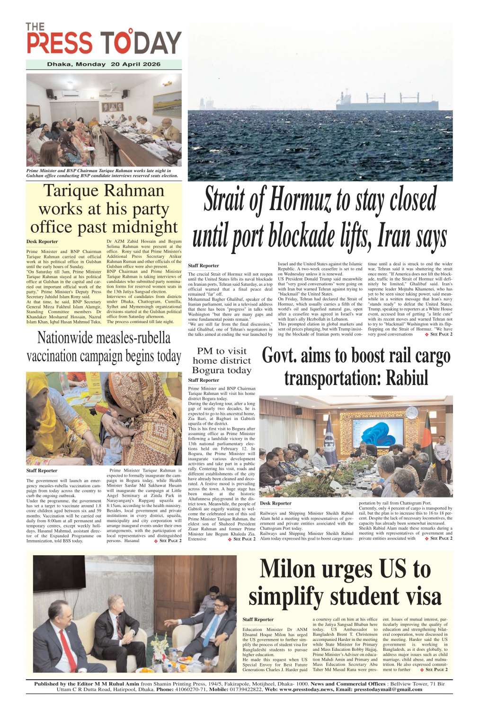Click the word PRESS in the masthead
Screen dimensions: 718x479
60,43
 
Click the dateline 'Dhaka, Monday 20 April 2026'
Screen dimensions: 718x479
104,64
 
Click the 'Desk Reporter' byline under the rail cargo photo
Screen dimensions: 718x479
275,503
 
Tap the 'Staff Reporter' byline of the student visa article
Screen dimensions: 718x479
258,619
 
